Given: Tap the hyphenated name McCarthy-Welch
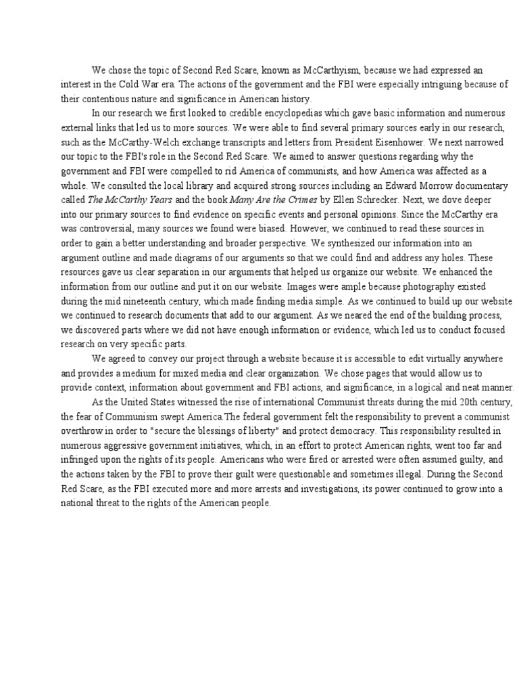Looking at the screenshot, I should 147,141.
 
